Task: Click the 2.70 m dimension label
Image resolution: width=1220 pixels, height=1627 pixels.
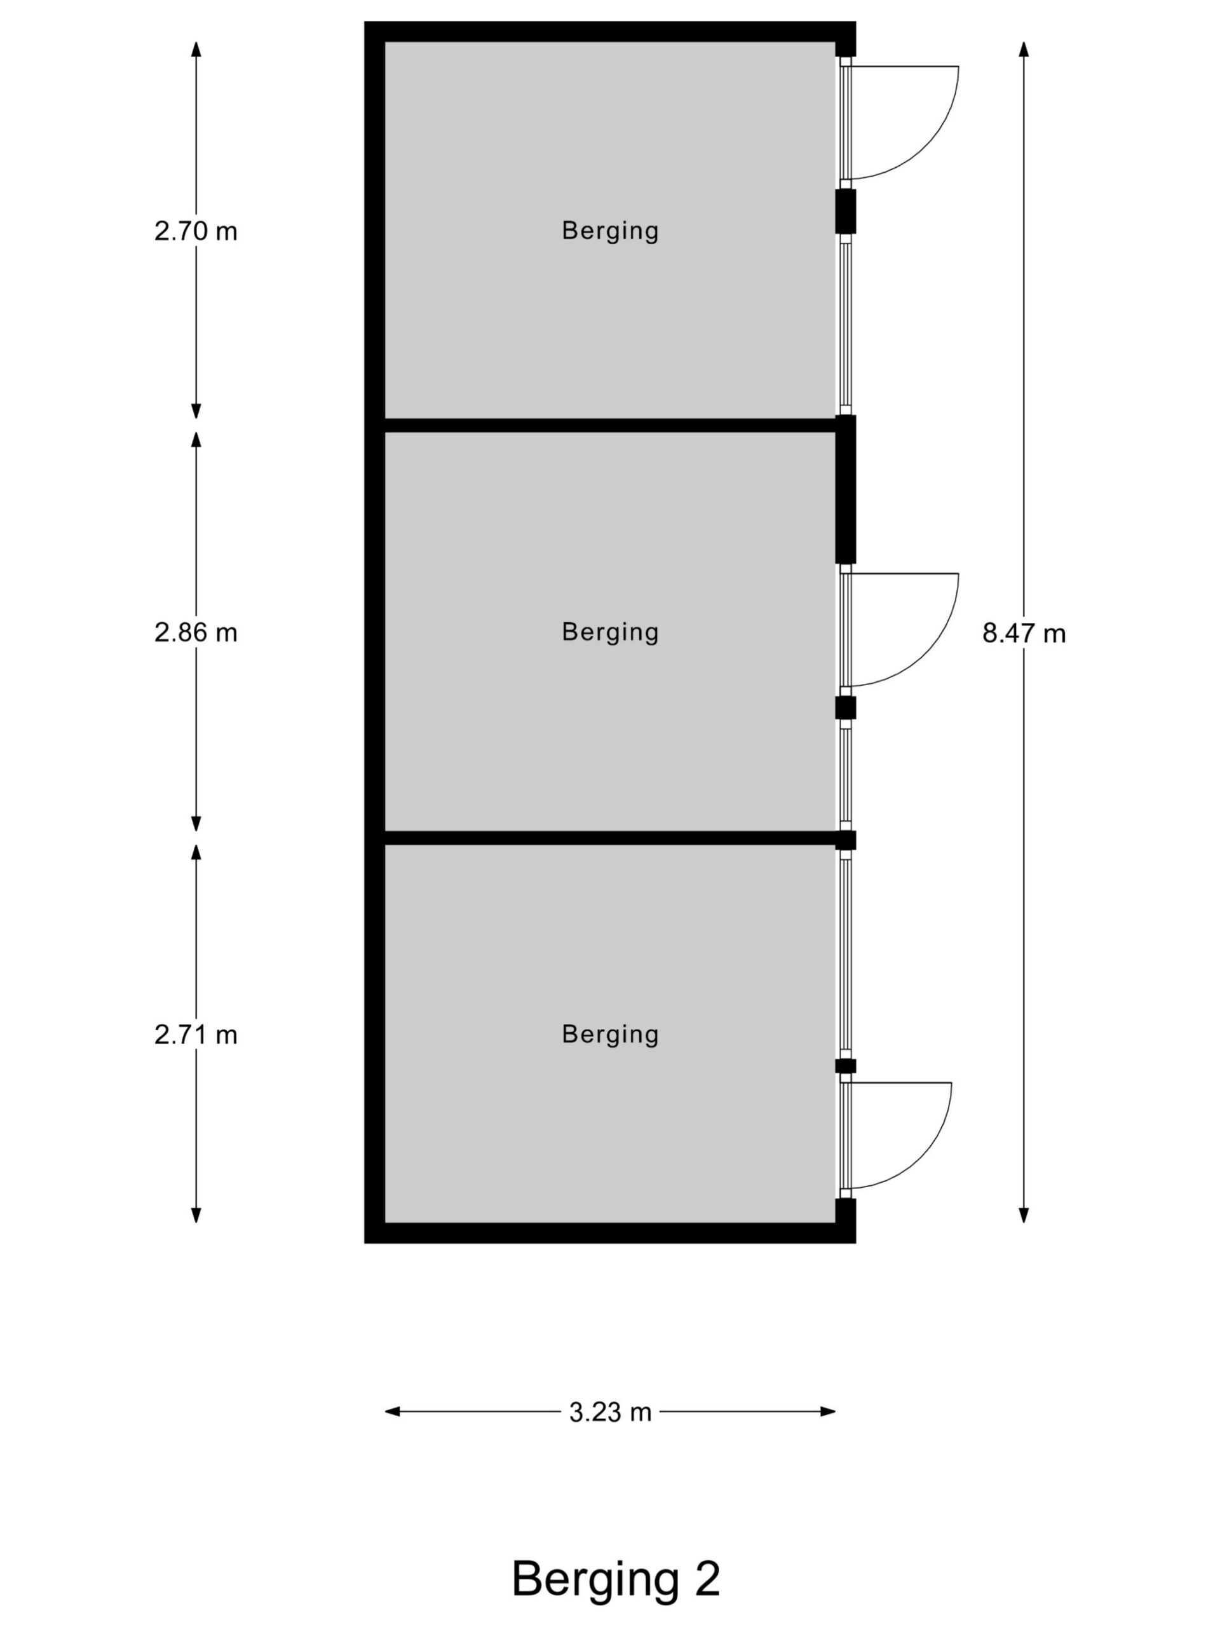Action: (196, 232)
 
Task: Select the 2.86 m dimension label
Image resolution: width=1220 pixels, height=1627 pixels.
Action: (196, 632)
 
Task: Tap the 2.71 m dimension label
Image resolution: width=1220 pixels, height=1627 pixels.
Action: (196, 1035)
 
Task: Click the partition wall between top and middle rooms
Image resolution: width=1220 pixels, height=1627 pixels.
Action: (611, 425)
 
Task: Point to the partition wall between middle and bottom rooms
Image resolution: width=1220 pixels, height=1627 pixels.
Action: (611, 838)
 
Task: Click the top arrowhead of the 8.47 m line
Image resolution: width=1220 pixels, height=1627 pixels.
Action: (1024, 48)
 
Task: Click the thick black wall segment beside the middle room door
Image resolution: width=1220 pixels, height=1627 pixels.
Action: (846, 489)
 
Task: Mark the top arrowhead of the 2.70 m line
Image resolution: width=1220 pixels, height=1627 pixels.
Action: (196, 48)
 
